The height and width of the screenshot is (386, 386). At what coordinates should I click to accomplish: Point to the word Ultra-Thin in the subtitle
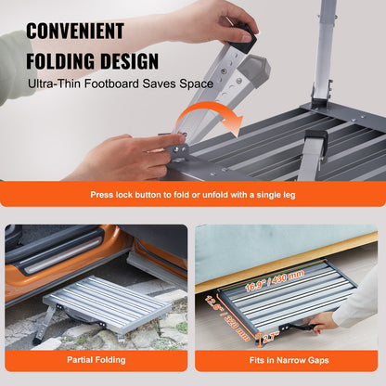58,84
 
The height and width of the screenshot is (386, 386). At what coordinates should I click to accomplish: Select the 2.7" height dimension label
268,338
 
